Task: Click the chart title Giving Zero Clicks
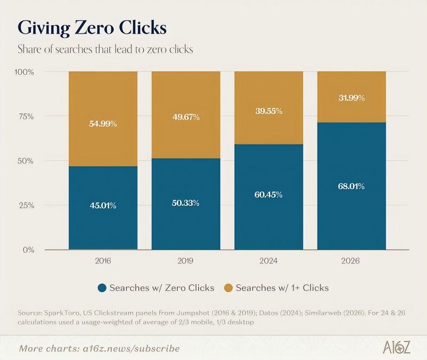pyautogui.click(x=92, y=28)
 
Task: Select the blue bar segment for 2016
pyautogui.click(x=103, y=208)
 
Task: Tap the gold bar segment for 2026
pyautogui.click(x=352, y=97)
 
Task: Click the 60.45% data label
pyautogui.click(x=268, y=195)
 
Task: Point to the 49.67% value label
pyautogui.click(x=186, y=117)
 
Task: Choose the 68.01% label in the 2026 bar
pyautogui.click(x=351, y=186)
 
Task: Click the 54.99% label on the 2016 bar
pyautogui.click(x=103, y=124)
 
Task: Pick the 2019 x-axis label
pyautogui.click(x=185, y=261)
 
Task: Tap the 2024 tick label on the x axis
pyautogui.click(x=268, y=261)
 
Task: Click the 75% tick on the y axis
pyautogui.click(x=26, y=116)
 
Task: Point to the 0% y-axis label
pyautogui.click(x=28, y=249)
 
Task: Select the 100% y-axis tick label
pyautogui.click(x=24, y=72)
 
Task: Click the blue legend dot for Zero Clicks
pyautogui.click(x=102, y=288)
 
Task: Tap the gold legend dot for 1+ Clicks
pyautogui.click(x=228, y=288)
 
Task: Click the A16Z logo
pyautogui.click(x=396, y=347)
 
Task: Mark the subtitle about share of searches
pyautogui.click(x=105, y=49)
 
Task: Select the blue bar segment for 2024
pyautogui.click(x=269, y=197)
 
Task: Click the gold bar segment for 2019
pyautogui.click(x=186, y=115)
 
